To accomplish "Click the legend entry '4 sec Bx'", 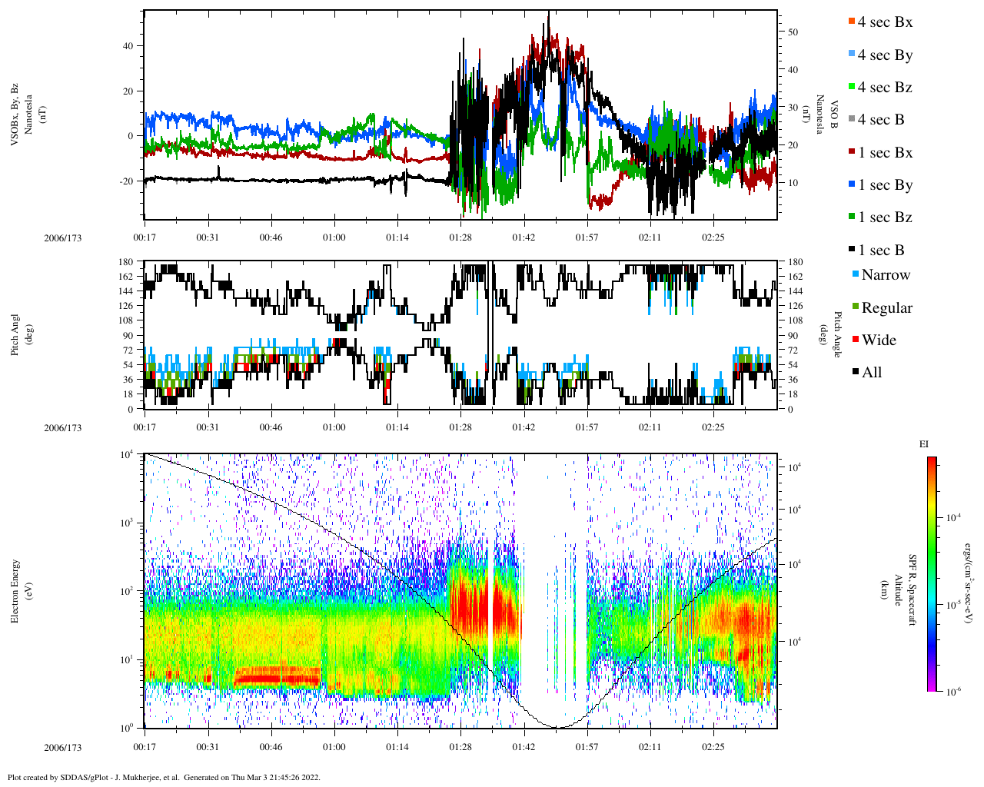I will tap(884, 22).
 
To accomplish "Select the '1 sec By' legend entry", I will tap(884, 185).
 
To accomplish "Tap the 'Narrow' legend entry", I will tap(885, 275).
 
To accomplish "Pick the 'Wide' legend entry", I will tap(878, 340).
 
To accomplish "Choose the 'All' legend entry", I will tap(871, 373).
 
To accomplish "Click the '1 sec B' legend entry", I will tap(881, 251).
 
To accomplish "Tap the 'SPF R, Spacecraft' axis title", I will tap(913, 590).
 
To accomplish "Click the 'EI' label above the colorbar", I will tap(923, 444).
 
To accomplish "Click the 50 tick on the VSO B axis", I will tap(792, 32).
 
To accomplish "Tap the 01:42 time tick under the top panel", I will tap(524, 237).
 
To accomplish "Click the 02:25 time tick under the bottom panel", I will tap(713, 747).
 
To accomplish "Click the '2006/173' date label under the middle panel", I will tap(62, 428).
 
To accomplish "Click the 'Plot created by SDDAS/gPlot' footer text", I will tap(163, 777).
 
